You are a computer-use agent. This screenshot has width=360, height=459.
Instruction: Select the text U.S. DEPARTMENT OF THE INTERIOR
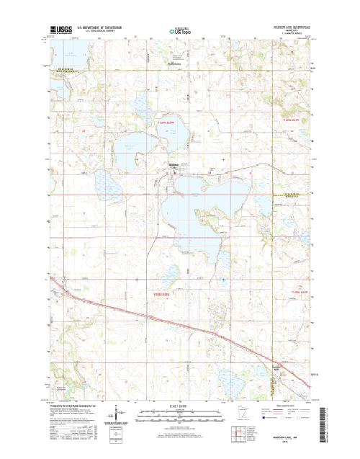pyautogui.click(x=105, y=27)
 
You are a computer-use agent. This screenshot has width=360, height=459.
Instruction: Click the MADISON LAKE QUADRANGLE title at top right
pyautogui.click(x=291, y=27)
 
